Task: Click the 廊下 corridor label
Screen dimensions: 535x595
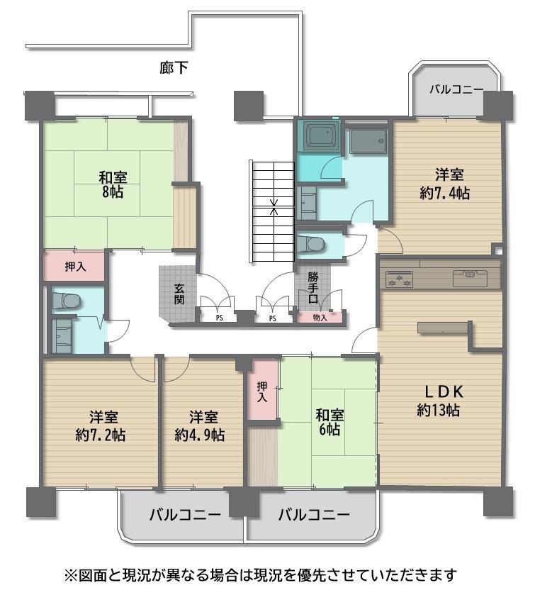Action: pos(174,68)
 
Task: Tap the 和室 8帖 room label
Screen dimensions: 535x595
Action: pos(113,185)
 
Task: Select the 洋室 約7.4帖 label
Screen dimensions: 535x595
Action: pos(445,184)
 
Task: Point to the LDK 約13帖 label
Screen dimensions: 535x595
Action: pos(440,401)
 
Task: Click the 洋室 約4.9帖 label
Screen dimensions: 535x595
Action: pos(200,426)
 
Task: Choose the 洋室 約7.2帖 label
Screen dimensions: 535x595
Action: pos(101,426)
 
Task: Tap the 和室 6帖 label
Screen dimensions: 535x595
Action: pos(329,422)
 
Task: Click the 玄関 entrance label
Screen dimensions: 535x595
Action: pos(179,294)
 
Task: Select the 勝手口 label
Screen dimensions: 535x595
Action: pos(312,287)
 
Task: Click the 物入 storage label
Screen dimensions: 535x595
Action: pos(320,318)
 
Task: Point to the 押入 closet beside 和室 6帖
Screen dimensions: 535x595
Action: pos(262,391)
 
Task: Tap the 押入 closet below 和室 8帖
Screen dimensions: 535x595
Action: pos(75,267)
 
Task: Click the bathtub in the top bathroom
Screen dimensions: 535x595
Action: pos(321,136)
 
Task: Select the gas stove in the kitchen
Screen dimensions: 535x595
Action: pos(399,279)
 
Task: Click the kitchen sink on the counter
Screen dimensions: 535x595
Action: pos(471,278)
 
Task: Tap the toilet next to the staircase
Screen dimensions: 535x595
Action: pos(310,244)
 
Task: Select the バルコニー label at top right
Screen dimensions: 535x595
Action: pos(456,90)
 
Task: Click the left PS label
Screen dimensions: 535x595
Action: pos(219,318)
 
